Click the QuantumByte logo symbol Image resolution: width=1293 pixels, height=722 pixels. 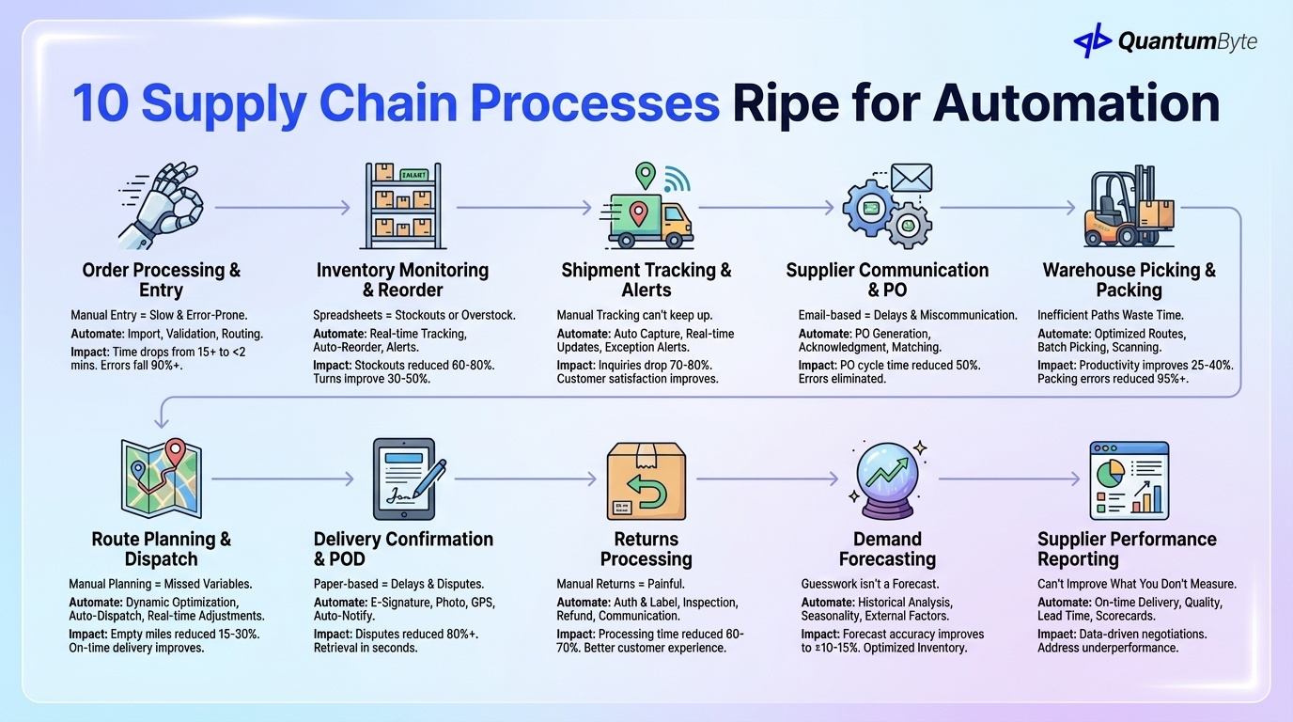(x=1093, y=40)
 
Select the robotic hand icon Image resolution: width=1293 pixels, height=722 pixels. (x=160, y=207)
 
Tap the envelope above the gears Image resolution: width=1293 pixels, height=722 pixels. (x=911, y=178)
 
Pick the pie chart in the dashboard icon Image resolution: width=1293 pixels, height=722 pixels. (x=1114, y=467)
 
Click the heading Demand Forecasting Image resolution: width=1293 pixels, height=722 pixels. (x=886, y=549)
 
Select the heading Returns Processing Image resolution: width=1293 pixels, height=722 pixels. (x=646, y=549)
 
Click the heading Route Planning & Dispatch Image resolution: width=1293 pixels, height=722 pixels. (x=161, y=549)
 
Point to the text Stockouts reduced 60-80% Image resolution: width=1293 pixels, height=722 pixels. (x=422, y=365)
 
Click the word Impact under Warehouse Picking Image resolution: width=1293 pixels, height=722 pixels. (x=1058, y=365)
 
